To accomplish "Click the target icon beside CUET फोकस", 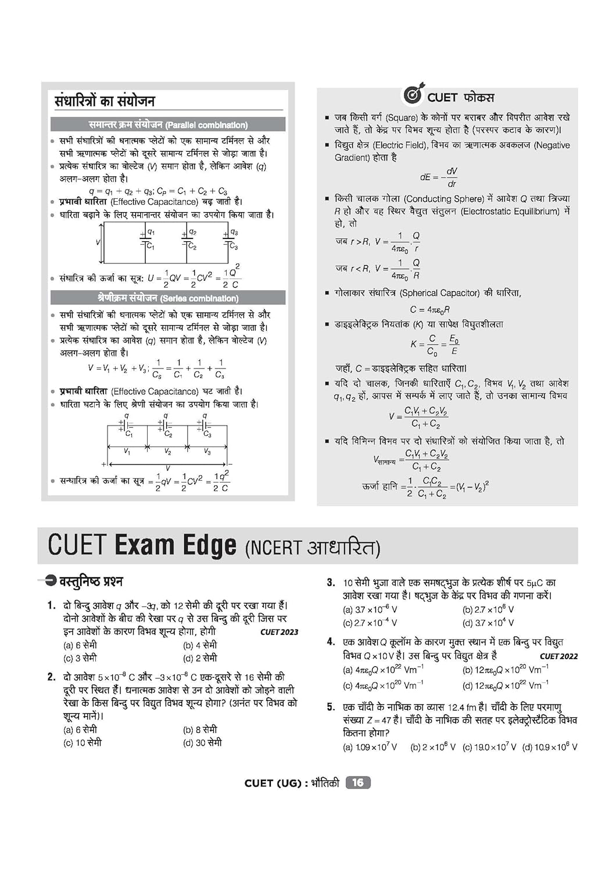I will [413, 95].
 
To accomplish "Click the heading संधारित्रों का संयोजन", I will [105, 101].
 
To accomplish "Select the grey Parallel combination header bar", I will [168, 124].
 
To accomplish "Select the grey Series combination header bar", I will [168, 298].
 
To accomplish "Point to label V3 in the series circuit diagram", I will [207, 452].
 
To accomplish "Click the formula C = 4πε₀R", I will [429, 310].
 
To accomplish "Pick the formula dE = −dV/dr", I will [439, 177].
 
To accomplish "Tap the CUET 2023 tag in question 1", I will [279, 632].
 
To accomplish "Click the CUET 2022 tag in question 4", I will [558, 656].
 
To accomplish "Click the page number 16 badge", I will [358, 783].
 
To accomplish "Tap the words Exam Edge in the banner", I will [176, 546].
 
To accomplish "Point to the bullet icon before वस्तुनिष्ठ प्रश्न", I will [51, 580].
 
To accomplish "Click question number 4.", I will [331, 642].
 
